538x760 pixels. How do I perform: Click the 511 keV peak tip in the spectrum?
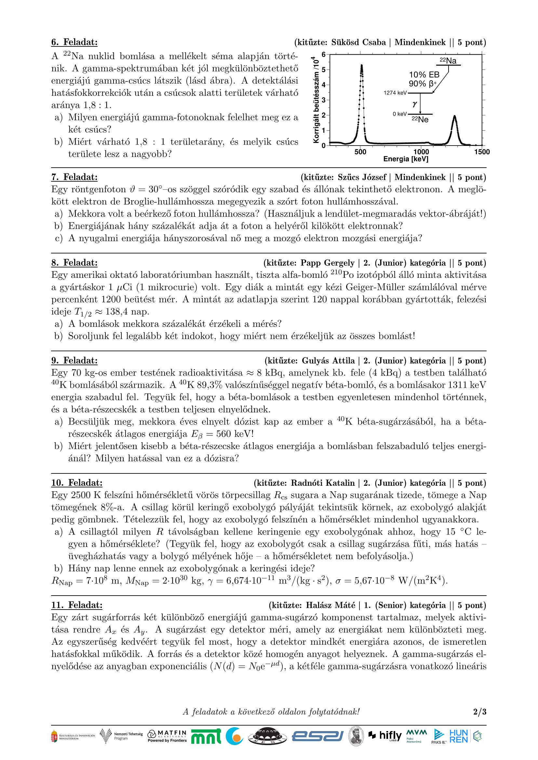click(361, 66)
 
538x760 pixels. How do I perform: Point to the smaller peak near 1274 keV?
click(454, 117)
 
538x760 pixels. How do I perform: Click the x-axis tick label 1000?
click(421, 152)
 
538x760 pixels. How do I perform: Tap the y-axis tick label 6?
click(324, 54)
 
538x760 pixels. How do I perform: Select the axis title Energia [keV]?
click(406, 159)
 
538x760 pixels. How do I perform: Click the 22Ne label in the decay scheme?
click(420, 119)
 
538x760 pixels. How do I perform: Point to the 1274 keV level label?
click(395, 93)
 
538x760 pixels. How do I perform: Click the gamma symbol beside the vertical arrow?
click(414, 104)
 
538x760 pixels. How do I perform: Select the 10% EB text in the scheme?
click(424, 74)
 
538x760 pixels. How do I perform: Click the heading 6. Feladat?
click(74, 42)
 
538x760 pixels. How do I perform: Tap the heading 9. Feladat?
click(74, 360)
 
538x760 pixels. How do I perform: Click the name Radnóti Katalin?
click(323, 483)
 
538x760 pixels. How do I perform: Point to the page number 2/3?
click(479, 712)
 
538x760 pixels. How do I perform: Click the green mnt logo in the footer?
click(206, 737)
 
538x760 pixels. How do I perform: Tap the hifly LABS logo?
click(386, 736)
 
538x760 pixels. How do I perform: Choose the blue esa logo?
click(317, 736)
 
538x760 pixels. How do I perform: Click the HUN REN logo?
click(459, 736)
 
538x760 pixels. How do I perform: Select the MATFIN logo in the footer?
click(167, 736)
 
